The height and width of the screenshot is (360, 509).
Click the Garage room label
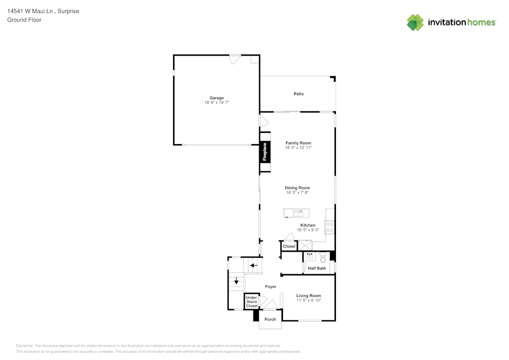pyautogui.click(x=216, y=98)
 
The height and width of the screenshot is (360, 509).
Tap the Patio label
pyautogui.click(x=299, y=94)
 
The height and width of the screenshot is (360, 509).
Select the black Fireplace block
pyautogui.click(x=265, y=152)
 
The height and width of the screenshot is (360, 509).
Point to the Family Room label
pyautogui.click(x=298, y=143)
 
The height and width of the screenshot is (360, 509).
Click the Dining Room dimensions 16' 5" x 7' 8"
pyautogui.click(x=297, y=192)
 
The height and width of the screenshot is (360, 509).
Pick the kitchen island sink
pyautogui.click(x=298, y=213)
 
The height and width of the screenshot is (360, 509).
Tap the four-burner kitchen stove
pyautogui.click(x=330, y=227)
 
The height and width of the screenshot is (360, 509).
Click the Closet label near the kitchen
pyautogui.click(x=289, y=246)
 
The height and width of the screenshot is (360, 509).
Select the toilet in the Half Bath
pyautogui.click(x=323, y=258)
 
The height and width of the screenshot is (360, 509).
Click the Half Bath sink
pyautogui.click(x=309, y=257)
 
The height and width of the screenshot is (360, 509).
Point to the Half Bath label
pyautogui.click(x=317, y=268)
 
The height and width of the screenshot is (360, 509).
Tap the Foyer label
pyautogui.click(x=271, y=287)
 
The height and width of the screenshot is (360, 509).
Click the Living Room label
pyautogui.click(x=308, y=296)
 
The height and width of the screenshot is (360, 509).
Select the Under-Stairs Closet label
pyautogui.click(x=251, y=301)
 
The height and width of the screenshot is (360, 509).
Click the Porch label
pyautogui.click(x=270, y=319)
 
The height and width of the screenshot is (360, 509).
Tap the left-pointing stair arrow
pyautogui.click(x=253, y=265)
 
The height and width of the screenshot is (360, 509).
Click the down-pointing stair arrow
pyautogui.click(x=236, y=281)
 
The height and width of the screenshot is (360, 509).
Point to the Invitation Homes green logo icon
pyautogui.click(x=415, y=22)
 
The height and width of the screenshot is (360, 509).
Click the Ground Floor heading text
pyautogui.click(x=24, y=20)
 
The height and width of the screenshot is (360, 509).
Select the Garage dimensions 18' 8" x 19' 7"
pyautogui.click(x=216, y=102)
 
